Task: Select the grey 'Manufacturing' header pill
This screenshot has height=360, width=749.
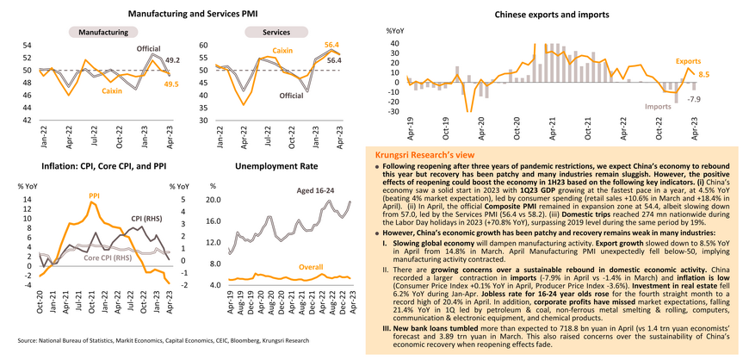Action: point(103,32)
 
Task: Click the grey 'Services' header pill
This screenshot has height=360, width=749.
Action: point(275,32)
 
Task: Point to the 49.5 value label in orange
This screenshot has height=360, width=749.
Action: point(171,84)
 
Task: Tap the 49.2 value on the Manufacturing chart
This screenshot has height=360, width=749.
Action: point(172,59)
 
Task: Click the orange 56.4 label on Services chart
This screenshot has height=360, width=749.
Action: point(331,44)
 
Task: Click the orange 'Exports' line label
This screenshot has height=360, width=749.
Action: point(688,62)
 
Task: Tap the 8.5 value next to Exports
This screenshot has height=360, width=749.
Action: point(703,75)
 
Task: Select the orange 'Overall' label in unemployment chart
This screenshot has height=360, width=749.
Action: point(311,268)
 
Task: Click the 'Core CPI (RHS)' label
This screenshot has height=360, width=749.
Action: point(108,258)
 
